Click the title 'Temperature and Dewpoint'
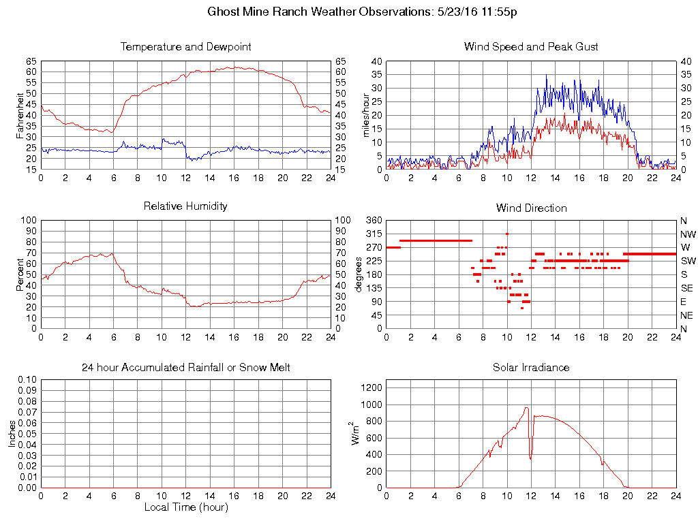click(x=185, y=47)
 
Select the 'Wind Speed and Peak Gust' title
click(x=531, y=47)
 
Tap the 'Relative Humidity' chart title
click(x=185, y=206)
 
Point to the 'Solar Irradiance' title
click(x=531, y=368)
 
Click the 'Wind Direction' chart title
click(x=531, y=208)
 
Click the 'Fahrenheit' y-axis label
click(x=20, y=115)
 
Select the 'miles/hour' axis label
click(x=366, y=115)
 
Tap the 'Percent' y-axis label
click(x=20, y=274)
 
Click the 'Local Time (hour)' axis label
click(x=185, y=507)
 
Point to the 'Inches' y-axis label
click(x=12, y=434)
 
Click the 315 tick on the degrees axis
click(x=374, y=234)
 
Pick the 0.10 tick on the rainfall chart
click(x=27, y=379)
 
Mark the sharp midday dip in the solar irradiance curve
click(x=530, y=458)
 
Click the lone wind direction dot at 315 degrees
click(x=506, y=234)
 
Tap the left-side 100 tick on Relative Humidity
click(x=28, y=221)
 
